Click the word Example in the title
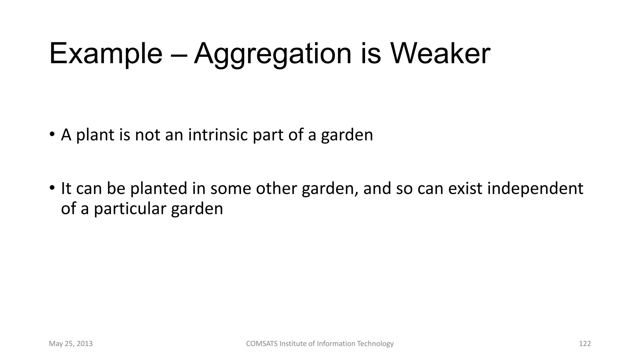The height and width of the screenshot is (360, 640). coord(106,54)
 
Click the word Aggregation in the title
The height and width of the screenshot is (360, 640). coord(272,54)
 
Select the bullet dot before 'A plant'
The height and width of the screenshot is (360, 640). coord(52,135)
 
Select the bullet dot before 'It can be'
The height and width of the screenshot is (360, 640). coord(52,188)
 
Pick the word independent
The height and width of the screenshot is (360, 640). coord(535,188)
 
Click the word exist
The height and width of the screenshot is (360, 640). coord(465,188)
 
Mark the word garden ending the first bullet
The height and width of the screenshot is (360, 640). coord(347,135)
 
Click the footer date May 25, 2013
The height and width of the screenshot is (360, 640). coord(71,344)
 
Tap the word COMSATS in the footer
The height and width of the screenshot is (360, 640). coord(262,344)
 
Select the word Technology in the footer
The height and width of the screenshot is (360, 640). coord(375,344)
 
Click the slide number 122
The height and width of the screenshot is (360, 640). coord(585,344)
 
